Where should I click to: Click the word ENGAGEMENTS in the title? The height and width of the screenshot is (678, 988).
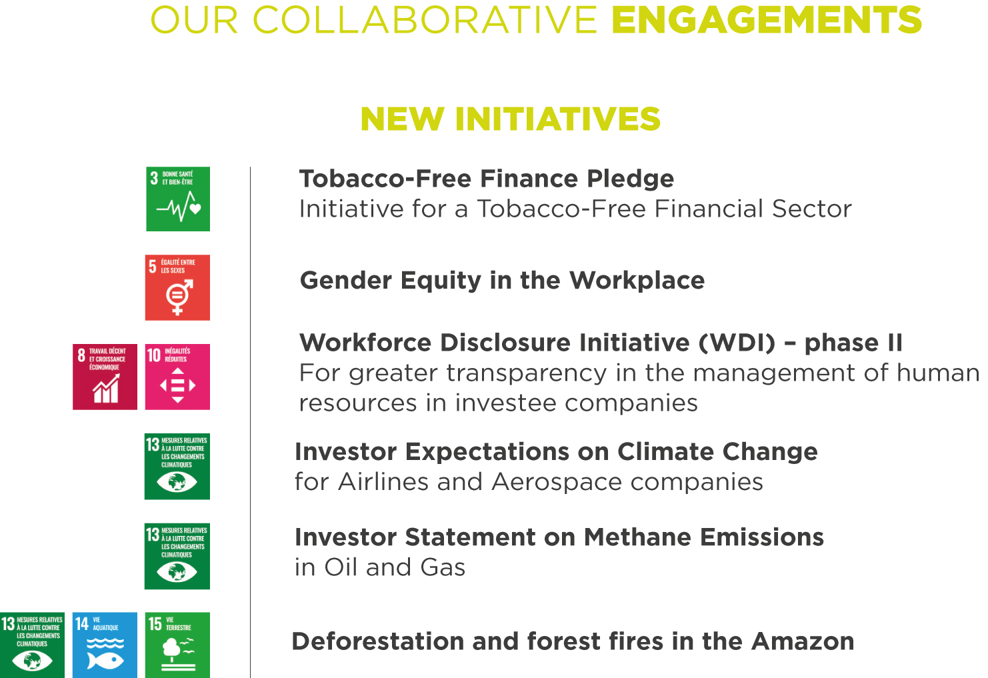(767, 20)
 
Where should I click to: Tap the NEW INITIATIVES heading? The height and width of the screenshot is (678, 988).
(510, 119)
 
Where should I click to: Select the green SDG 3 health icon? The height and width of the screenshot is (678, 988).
(178, 199)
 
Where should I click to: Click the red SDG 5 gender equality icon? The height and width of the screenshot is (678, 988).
(177, 287)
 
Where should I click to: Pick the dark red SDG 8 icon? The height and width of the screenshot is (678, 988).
(105, 377)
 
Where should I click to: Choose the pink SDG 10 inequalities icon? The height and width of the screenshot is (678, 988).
(177, 377)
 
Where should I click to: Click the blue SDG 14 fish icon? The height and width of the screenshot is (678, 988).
(105, 645)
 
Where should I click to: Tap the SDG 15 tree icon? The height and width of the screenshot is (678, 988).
(177, 645)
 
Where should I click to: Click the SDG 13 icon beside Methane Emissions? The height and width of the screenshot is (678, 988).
(177, 556)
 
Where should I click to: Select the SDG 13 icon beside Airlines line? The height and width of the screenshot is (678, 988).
(177, 466)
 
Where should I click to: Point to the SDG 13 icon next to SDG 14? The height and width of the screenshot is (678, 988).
(32, 645)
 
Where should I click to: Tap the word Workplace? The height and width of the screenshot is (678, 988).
(637, 281)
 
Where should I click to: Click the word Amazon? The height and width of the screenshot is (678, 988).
(803, 641)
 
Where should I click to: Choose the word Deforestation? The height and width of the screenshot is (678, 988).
(378, 641)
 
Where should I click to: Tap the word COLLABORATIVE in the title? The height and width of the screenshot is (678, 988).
(425, 20)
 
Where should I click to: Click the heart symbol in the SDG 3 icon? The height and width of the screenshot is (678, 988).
(195, 208)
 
